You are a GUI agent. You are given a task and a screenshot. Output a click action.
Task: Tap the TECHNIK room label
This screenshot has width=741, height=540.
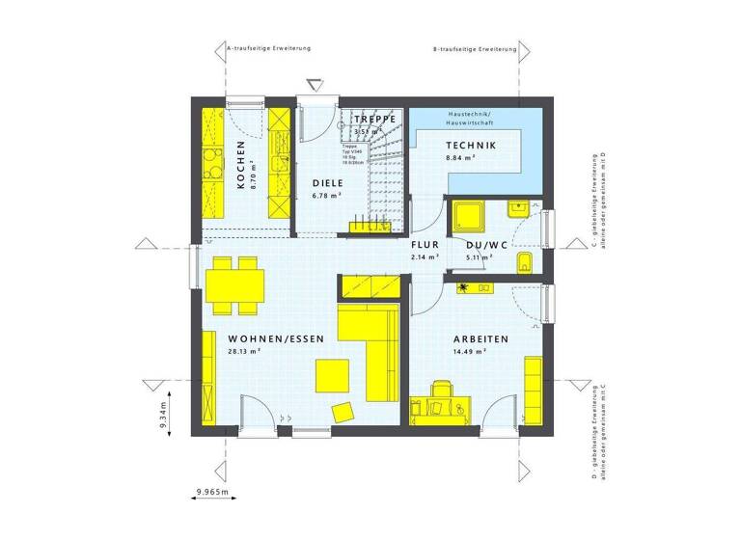470,146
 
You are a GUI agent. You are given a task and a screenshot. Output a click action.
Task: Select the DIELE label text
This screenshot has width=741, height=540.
327,182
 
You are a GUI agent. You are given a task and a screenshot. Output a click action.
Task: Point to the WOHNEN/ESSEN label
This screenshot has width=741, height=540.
275,339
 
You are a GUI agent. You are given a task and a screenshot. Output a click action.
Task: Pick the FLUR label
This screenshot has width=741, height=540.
425,246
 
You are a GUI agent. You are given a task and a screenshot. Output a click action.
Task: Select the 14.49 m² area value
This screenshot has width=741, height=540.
468,352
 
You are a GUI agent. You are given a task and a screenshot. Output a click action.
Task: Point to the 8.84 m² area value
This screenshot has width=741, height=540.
459,158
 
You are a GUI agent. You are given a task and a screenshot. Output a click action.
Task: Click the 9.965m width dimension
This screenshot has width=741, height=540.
215,493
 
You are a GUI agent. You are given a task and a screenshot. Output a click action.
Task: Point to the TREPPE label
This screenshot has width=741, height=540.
374,120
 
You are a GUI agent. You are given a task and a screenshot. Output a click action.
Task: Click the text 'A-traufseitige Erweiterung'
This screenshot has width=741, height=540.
268,46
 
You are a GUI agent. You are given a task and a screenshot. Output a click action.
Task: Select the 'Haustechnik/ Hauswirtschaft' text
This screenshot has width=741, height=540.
469,120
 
